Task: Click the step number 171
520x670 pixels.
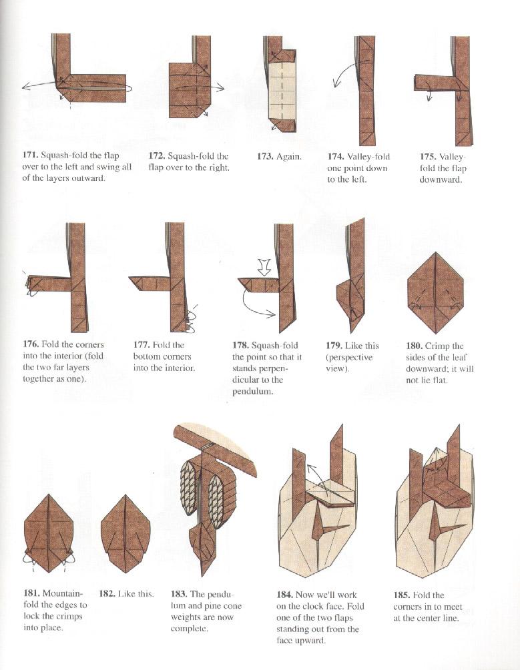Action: pos(30,156)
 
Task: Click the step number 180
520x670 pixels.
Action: pos(415,346)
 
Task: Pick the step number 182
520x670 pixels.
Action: pos(107,593)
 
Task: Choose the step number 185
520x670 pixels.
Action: pos(402,595)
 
